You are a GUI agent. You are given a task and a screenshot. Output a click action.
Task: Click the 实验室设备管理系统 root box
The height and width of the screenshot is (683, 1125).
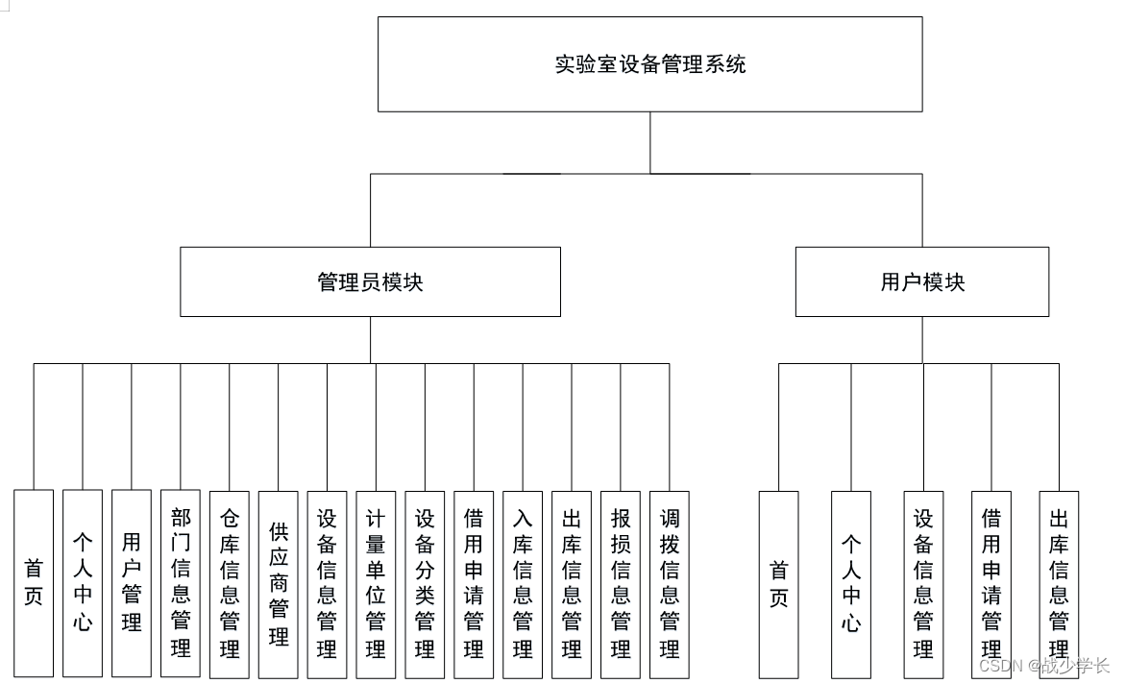pyautogui.click(x=649, y=64)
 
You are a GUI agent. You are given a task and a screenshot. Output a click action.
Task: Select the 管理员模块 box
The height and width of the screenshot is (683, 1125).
pyautogui.click(x=370, y=281)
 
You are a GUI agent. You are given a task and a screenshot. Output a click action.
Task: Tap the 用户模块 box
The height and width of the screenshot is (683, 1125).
pyautogui.click(x=921, y=281)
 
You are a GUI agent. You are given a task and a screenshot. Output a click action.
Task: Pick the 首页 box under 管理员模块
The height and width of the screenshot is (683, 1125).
pyautogui.click(x=34, y=583)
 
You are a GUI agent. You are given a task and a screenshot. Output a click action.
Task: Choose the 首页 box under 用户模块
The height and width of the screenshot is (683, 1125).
pyautogui.click(x=778, y=584)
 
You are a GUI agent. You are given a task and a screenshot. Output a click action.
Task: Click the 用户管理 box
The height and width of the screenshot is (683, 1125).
pyautogui.click(x=132, y=583)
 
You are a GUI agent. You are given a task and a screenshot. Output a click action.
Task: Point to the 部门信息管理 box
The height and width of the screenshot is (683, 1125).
pyautogui.click(x=181, y=583)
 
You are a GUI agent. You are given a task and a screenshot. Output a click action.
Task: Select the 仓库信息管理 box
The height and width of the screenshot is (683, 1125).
pyautogui.click(x=230, y=583)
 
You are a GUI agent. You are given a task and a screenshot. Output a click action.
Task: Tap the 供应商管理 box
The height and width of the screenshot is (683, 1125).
pyautogui.click(x=279, y=583)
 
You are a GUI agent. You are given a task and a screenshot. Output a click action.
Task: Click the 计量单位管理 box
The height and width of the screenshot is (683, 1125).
pyautogui.click(x=376, y=583)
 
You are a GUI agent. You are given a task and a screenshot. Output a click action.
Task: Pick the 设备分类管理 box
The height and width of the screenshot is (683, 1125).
pyautogui.click(x=425, y=583)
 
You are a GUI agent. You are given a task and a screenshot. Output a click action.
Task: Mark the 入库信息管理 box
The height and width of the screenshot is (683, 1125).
pyautogui.click(x=523, y=583)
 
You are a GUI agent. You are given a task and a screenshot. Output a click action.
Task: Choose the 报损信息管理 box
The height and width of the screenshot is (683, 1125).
pyautogui.click(x=621, y=583)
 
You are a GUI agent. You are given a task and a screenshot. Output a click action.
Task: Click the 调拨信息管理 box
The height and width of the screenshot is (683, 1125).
pyautogui.click(x=670, y=583)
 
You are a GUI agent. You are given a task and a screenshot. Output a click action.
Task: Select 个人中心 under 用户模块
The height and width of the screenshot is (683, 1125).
pyautogui.click(x=851, y=584)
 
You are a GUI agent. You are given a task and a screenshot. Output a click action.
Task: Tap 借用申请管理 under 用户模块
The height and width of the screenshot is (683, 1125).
pyautogui.click(x=991, y=584)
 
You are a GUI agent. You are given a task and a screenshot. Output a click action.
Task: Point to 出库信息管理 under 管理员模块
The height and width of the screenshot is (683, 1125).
pyautogui.click(x=572, y=583)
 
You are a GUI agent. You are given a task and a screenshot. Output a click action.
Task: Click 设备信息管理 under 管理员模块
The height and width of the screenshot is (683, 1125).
pyautogui.click(x=327, y=583)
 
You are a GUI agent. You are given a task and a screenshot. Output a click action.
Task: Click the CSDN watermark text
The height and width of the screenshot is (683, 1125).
pyautogui.click(x=1043, y=665)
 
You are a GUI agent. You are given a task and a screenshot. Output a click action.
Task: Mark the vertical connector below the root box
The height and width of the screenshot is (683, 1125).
pyautogui.click(x=649, y=142)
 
